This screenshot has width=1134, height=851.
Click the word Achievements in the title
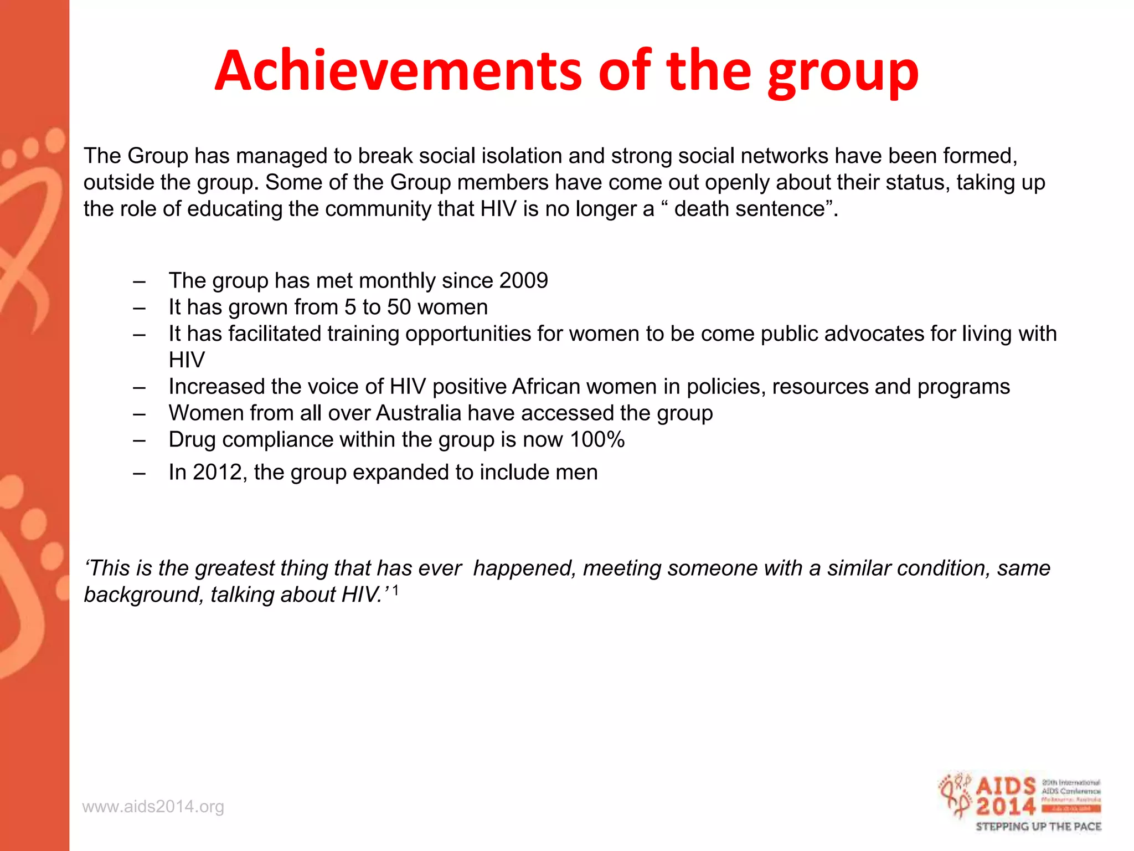tap(398, 70)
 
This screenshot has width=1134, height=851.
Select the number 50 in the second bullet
tap(399, 307)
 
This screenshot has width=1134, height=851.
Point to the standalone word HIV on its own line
tap(187, 360)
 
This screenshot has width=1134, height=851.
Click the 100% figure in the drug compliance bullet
tap(597, 440)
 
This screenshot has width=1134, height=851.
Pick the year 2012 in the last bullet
tap(216, 473)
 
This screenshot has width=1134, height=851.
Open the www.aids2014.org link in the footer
tap(153, 807)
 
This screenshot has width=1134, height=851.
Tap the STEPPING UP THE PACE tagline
tap(1038, 827)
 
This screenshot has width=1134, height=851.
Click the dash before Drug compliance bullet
tap(139, 440)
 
